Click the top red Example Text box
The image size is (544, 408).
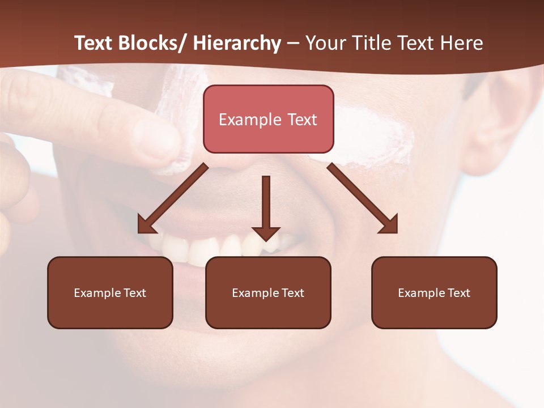click(x=268, y=119)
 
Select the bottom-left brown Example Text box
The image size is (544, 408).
click(x=110, y=292)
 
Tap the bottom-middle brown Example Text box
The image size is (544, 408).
click(x=268, y=292)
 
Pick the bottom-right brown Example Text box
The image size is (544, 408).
click(x=434, y=292)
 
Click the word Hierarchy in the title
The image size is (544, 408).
click(x=237, y=43)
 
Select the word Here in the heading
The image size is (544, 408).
click(x=462, y=43)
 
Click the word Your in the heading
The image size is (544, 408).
click(x=325, y=43)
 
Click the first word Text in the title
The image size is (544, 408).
click(x=93, y=43)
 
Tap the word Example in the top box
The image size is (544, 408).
click(x=250, y=120)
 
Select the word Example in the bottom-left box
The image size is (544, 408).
click(x=97, y=293)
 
